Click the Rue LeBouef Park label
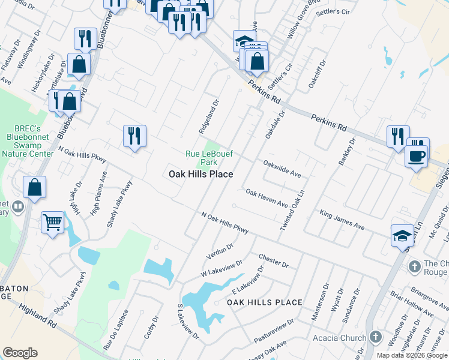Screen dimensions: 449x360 coord(200,158)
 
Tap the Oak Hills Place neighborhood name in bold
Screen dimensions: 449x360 coord(200,174)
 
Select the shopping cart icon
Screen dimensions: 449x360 coord(53,222)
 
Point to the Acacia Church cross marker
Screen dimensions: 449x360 coord(376,338)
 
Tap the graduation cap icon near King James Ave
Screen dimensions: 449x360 coord(402,235)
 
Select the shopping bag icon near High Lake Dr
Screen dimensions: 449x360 coord(35,187)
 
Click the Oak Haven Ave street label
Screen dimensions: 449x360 coord(267,197)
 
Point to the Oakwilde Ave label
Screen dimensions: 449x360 coord(282,168)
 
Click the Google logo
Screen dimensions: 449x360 coord(20,353)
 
